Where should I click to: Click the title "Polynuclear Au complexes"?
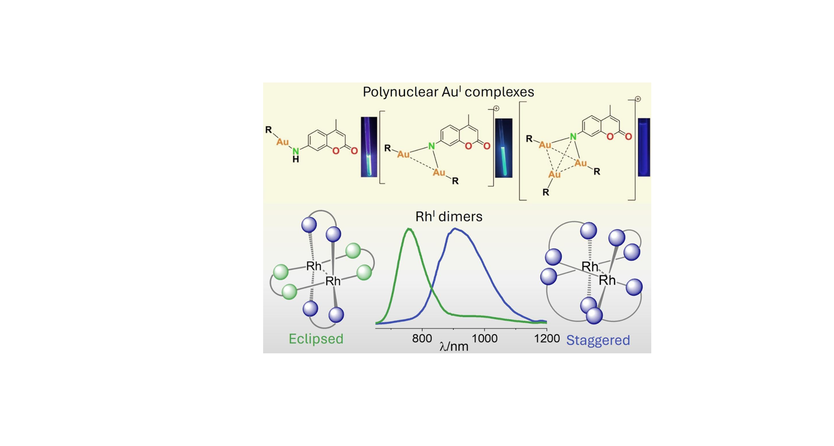pyautogui.click(x=448, y=92)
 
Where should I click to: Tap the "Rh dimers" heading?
pyautogui.click(x=449, y=216)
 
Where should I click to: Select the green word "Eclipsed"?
pyautogui.click(x=316, y=339)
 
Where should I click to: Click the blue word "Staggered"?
pyautogui.click(x=598, y=340)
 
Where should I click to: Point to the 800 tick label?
pyautogui.click(x=422, y=338)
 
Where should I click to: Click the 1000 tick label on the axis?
pyautogui.click(x=484, y=338)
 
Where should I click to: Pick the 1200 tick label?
pyautogui.click(x=547, y=338)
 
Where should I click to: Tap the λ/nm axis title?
pyautogui.click(x=454, y=347)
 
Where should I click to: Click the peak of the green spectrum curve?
pyautogui.click(x=409, y=230)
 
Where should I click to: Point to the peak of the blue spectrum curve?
pyautogui.click(x=455, y=229)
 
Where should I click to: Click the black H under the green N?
pyautogui.click(x=295, y=160)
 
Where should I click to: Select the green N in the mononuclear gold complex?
pyautogui.click(x=295, y=150)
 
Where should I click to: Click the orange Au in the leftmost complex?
pyautogui.click(x=282, y=142)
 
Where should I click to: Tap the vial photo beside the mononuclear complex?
pyautogui.click(x=369, y=146)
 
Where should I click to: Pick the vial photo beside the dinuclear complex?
pyautogui.click(x=503, y=148)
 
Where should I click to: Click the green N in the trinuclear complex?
pyautogui.click(x=573, y=137)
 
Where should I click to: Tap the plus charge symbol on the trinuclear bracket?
pyautogui.click(x=638, y=99)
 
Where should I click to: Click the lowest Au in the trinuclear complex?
pyautogui.click(x=554, y=174)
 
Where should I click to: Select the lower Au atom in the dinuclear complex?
pyautogui.click(x=439, y=173)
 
